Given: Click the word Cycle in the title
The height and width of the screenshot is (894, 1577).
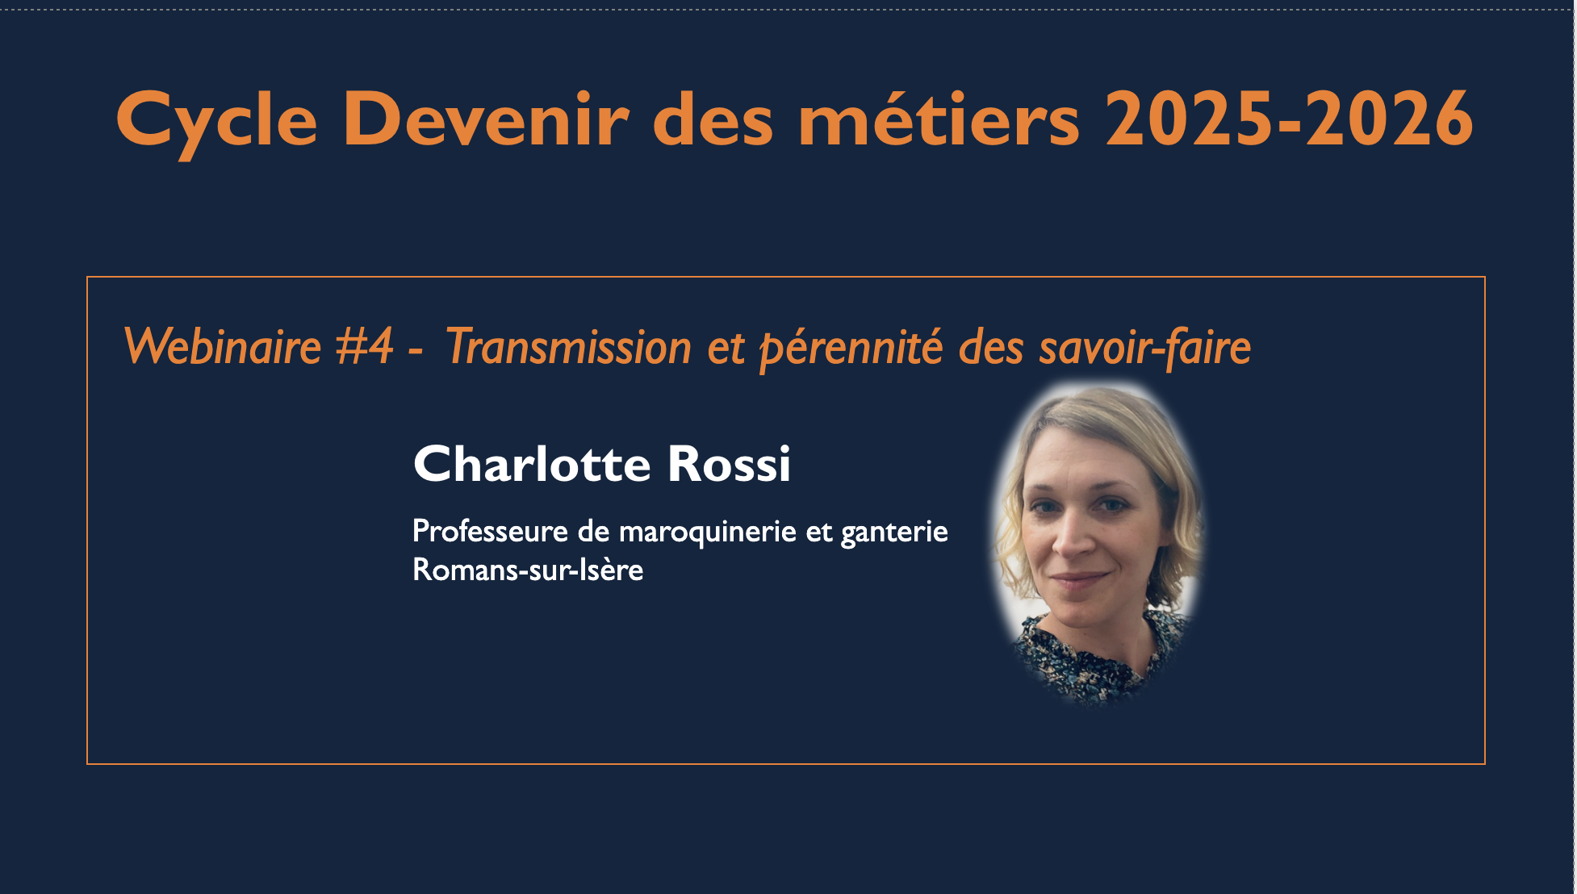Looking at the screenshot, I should click(x=216, y=121).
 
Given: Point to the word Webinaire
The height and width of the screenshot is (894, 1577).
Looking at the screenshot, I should click(x=223, y=347).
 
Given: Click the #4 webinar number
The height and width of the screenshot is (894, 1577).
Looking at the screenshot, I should click(x=364, y=347).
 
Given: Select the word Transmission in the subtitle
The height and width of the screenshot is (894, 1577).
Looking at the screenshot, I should click(x=568, y=347).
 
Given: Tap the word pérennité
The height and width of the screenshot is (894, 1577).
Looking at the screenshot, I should click(x=851, y=349).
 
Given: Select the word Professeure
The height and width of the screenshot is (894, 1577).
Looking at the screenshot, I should click(x=490, y=531).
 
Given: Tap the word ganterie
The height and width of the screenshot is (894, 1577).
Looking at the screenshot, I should click(x=894, y=533).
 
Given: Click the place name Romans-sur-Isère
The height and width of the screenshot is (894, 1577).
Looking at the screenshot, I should click(x=528, y=570).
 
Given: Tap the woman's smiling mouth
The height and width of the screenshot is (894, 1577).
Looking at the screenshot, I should click(x=1079, y=579).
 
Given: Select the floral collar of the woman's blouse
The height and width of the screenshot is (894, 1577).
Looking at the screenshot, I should click(x=1090, y=658).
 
